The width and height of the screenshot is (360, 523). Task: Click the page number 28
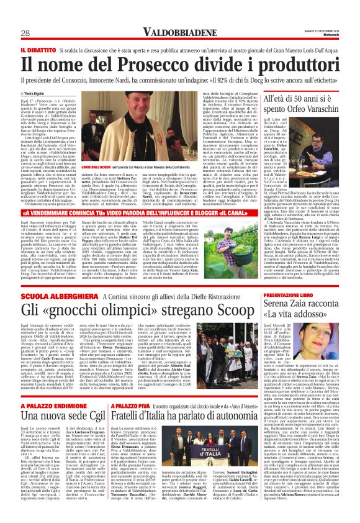coord(26,33)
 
